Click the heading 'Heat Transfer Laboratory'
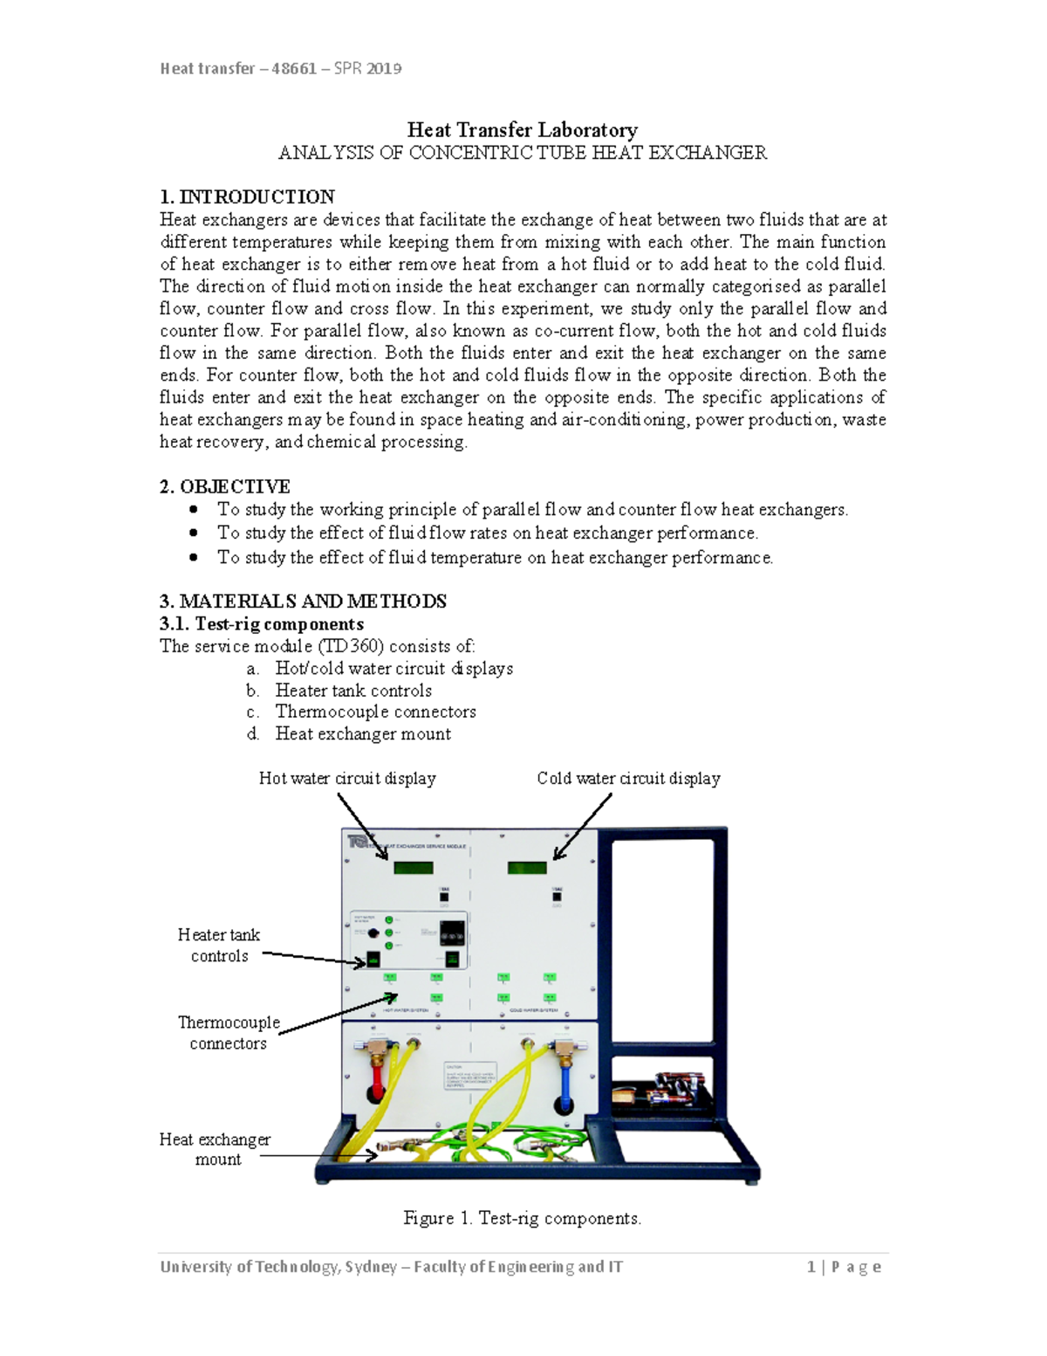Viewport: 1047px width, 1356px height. click(522, 130)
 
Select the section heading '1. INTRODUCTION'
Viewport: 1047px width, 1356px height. click(247, 196)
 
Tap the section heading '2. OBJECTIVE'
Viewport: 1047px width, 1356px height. click(225, 486)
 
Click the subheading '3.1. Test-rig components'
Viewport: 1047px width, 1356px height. click(262, 623)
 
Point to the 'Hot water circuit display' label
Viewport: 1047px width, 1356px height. click(347, 778)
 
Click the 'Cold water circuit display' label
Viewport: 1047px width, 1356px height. click(628, 778)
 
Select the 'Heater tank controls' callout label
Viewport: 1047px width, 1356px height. click(219, 945)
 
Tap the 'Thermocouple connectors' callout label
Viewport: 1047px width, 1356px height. click(229, 1032)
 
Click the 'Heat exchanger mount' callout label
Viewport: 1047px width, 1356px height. click(216, 1149)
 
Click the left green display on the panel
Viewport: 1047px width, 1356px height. click(413, 868)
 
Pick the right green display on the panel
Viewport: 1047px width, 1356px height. click(527, 868)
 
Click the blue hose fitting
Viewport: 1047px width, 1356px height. click(565, 1083)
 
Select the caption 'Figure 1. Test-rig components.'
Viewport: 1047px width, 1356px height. click(522, 1218)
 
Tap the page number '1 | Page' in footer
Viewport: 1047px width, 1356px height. click(844, 1267)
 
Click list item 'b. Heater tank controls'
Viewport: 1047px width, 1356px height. click(353, 690)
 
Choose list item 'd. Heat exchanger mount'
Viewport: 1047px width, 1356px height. click(363, 733)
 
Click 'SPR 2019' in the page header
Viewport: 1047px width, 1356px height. click(367, 68)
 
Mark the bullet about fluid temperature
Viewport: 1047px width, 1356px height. click(495, 557)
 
